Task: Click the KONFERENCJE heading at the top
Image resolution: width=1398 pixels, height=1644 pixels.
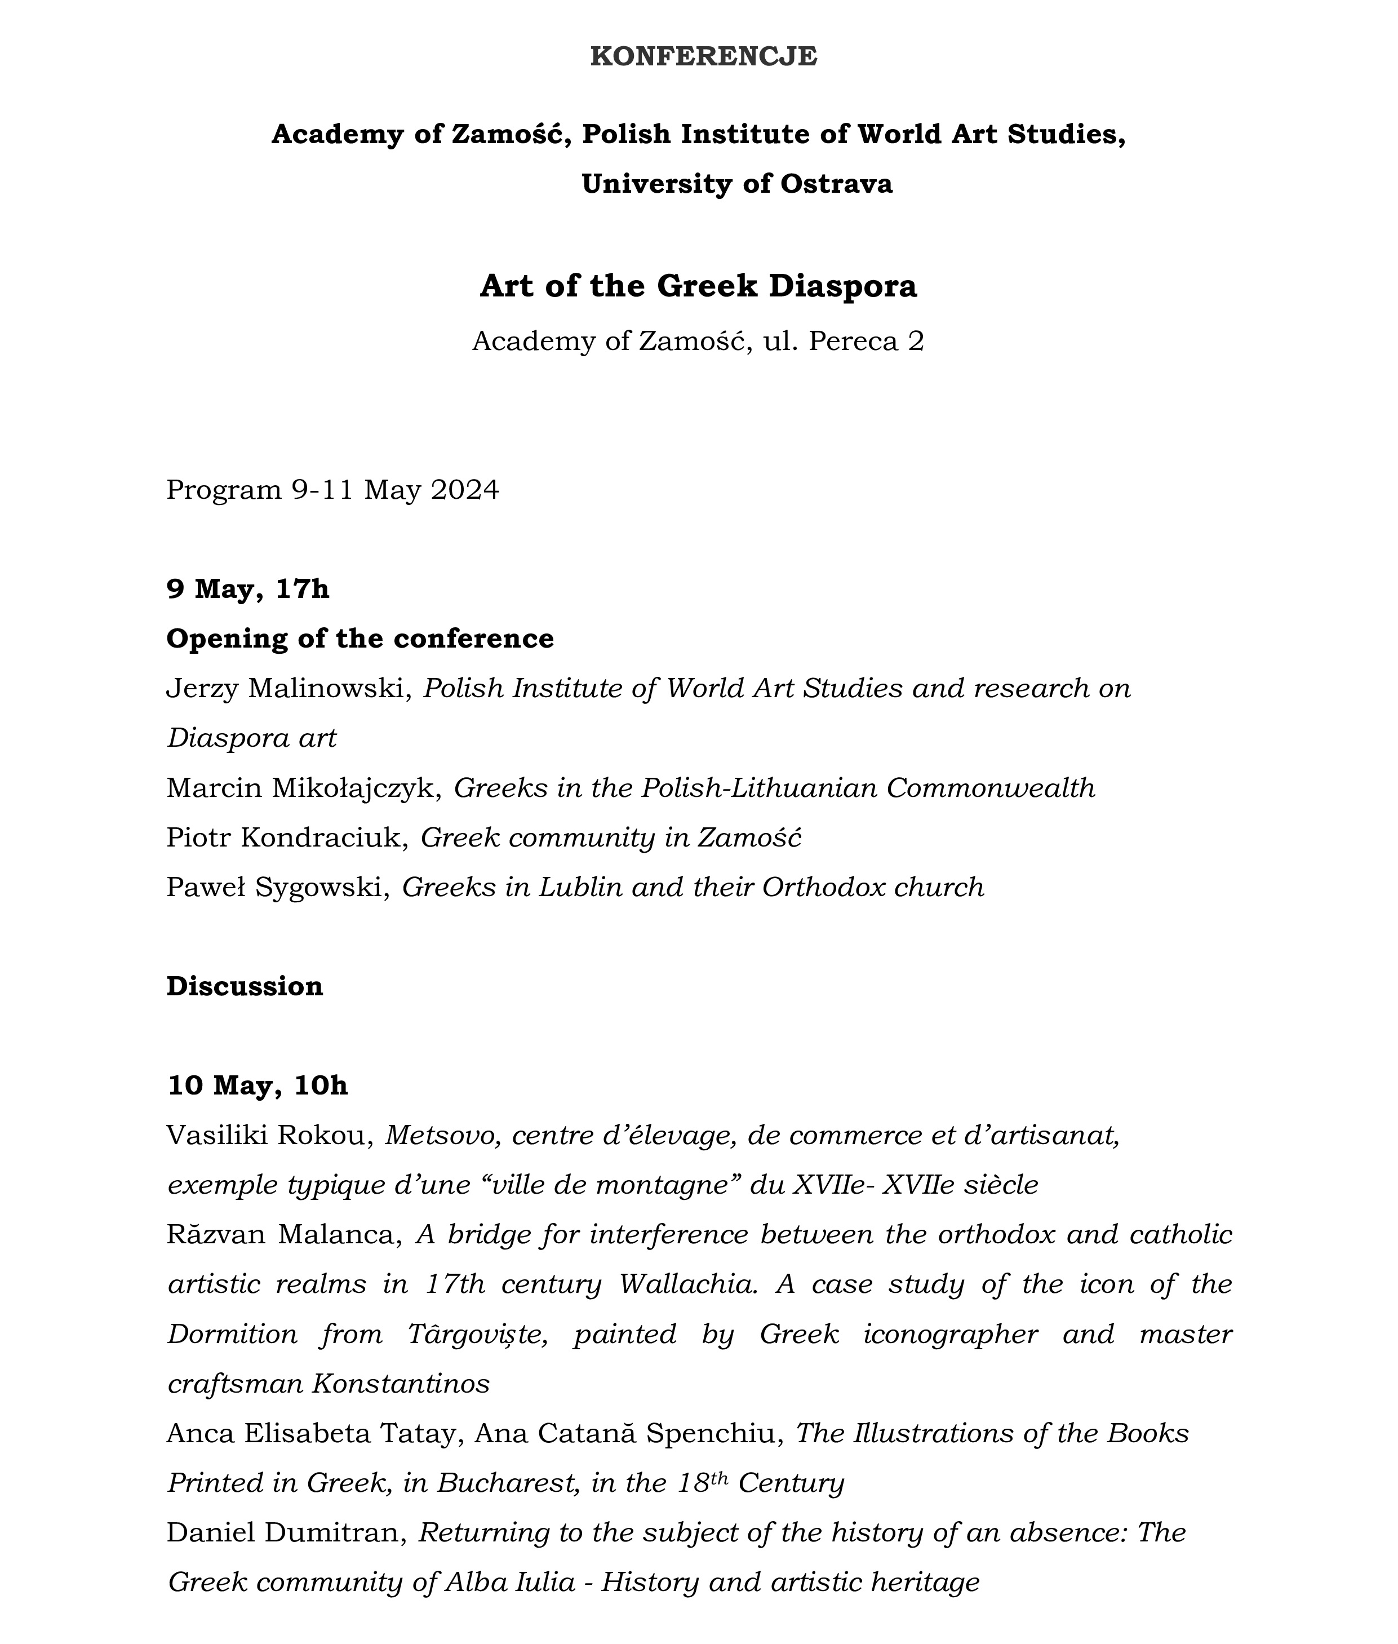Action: pos(703,57)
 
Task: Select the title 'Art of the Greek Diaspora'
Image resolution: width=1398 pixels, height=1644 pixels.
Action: pos(698,286)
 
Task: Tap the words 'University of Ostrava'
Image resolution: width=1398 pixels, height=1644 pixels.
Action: pos(736,184)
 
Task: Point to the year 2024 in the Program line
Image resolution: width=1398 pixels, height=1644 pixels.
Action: pos(465,490)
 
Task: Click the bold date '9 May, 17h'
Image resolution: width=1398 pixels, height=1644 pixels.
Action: pos(247,589)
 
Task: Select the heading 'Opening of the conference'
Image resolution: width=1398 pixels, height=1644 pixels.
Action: pos(360,639)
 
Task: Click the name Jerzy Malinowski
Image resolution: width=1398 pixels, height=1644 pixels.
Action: pos(285,689)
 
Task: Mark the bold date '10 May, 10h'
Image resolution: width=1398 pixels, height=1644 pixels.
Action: pos(258,1086)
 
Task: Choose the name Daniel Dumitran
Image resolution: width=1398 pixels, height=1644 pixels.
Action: pos(283,1533)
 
